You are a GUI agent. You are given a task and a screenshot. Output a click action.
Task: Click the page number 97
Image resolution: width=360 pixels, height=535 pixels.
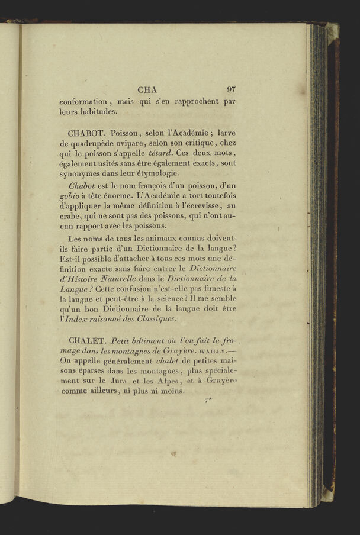tap(231, 90)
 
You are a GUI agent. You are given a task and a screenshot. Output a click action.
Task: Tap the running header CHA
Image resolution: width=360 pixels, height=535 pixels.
tap(147, 90)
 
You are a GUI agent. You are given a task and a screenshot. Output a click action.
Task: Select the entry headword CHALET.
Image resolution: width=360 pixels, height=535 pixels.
tap(86, 341)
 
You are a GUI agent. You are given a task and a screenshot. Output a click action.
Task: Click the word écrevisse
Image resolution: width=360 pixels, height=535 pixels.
tap(197, 205)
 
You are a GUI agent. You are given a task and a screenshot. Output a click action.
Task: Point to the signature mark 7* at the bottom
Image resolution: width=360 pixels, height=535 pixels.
tap(208, 402)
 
